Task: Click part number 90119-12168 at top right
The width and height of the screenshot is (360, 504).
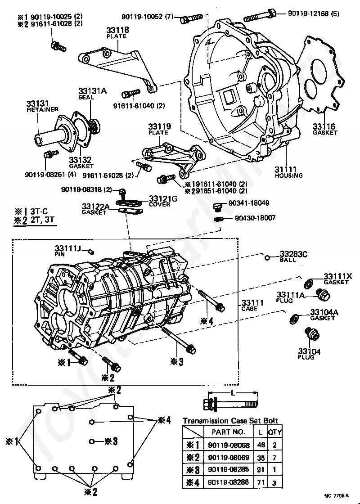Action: tap(313, 14)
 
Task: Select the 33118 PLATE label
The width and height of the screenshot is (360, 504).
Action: tap(117, 32)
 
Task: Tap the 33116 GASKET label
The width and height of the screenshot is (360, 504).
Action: tap(325, 129)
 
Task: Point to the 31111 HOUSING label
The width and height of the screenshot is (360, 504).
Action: tap(288, 172)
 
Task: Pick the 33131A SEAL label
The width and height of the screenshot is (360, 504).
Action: tap(92, 94)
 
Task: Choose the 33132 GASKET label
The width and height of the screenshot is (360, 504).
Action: tap(81, 162)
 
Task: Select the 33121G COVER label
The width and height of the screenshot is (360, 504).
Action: tap(163, 201)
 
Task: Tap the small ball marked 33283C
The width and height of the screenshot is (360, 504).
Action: tap(267, 257)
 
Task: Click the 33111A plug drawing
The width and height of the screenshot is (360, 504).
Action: tap(323, 295)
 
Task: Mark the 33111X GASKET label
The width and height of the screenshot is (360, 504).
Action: tap(337, 279)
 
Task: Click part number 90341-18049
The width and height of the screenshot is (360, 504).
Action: tap(249, 203)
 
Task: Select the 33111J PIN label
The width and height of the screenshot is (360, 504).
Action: tap(68, 251)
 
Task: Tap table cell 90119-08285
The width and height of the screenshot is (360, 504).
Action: tap(229, 470)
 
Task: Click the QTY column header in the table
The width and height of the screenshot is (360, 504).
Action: tap(274, 432)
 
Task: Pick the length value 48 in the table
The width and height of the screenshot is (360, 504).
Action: tap(261, 445)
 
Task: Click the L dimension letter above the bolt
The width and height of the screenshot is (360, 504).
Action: tap(232, 393)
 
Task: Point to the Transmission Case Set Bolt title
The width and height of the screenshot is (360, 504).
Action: tap(230, 420)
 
